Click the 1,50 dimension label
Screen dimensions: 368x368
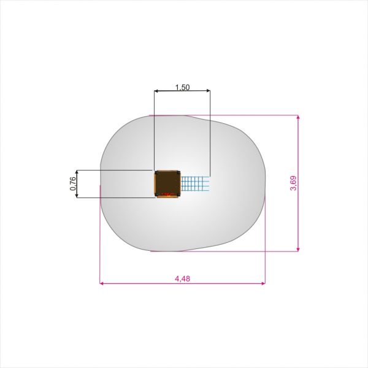(x=182, y=87)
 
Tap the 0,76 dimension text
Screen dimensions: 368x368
(x=73, y=183)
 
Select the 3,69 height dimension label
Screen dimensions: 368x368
(x=293, y=183)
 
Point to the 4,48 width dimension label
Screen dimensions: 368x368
(x=182, y=279)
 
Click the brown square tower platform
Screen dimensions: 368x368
(x=167, y=184)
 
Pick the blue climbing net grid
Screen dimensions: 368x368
(x=195, y=183)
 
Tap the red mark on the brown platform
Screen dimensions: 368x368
(x=167, y=194)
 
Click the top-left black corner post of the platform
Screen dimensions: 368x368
(x=156, y=173)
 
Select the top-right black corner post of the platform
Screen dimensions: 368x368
(x=178, y=173)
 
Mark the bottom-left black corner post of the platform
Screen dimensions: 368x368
(x=156, y=194)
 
